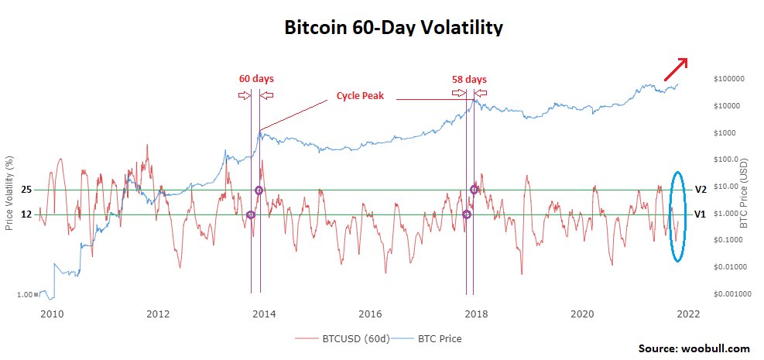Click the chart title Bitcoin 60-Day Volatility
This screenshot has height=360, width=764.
[x=393, y=28]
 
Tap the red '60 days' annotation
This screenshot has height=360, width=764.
[x=255, y=79]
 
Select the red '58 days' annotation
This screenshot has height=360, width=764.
[x=469, y=79]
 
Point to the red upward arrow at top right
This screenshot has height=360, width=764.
[x=676, y=70]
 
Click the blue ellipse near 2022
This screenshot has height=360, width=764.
[x=677, y=216]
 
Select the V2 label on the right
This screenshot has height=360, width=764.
[x=701, y=190]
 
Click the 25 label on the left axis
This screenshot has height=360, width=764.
[x=26, y=190]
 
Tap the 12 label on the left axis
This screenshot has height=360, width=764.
[x=26, y=214]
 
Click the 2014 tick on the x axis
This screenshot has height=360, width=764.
[x=264, y=314]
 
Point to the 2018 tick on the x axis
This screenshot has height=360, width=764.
[x=476, y=314]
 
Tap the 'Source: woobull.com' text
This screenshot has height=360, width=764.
[x=695, y=349]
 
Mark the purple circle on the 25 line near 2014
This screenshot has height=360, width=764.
[x=259, y=190]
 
